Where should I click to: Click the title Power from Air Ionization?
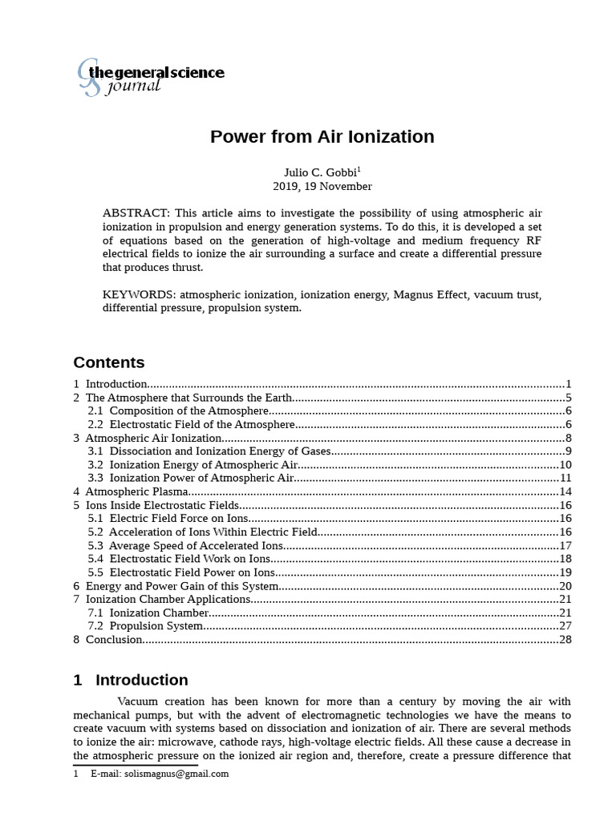322,137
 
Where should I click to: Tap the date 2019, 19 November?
322,186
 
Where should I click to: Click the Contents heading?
109,362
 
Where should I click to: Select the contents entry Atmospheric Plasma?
137,491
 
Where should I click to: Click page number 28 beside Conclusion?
564,639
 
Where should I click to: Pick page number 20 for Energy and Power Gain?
564,585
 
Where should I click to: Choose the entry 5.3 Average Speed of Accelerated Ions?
186,545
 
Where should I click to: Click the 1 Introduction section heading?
131,680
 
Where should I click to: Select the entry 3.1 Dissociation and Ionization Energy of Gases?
209,451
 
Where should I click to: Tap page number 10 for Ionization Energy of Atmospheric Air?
564,464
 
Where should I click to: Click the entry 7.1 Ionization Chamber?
148,613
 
